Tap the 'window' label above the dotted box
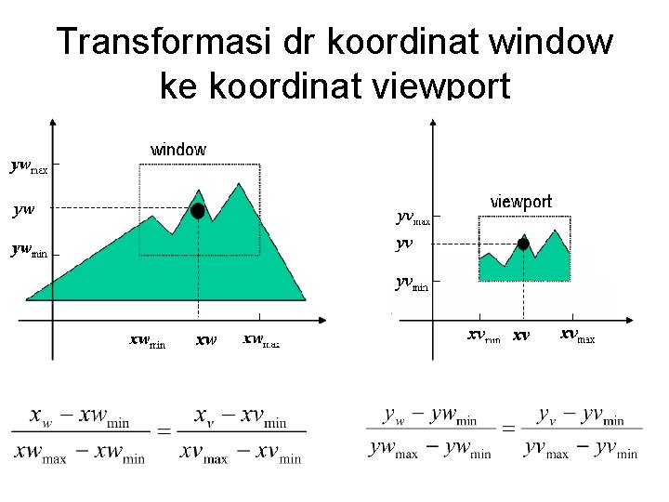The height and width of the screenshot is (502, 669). pyautogui.click(x=178, y=150)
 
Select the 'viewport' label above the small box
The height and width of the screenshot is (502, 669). pyautogui.click(x=520, y=202)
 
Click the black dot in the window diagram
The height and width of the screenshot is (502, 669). pyautogui.click(x=197, y=211)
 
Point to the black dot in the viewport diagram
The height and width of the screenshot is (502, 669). pyautogui.click(x=523, y=244)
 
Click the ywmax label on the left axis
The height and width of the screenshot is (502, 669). pyautogui.click(x=29, y=167)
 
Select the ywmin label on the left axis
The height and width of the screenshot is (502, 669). pyautogui.click(x=29, y=250)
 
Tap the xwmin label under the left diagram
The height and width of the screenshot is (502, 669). pyautogui.click(x=147, y=341)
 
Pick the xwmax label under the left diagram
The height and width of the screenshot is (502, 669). pyautogui.click(x=260, y=341)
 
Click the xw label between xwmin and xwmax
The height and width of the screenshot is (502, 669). pyautogui.click(x=205, y=340)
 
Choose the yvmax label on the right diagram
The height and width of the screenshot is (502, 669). pyautogui.click(x=413, y=218)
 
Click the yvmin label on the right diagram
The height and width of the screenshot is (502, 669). pyautogui.click(x=412, y=283)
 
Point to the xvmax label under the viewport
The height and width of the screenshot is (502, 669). pyautogui.click(x=577, y=336)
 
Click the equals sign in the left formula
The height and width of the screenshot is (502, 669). pyautogui.click(x=164, y=431)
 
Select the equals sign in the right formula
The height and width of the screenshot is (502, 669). pyautogui.click(x=508, y=429)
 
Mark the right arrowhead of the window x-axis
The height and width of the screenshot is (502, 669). pyautogui.click(x=321, y=321)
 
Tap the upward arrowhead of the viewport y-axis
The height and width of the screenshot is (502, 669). pyautogui.click(x=432, y=122)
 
